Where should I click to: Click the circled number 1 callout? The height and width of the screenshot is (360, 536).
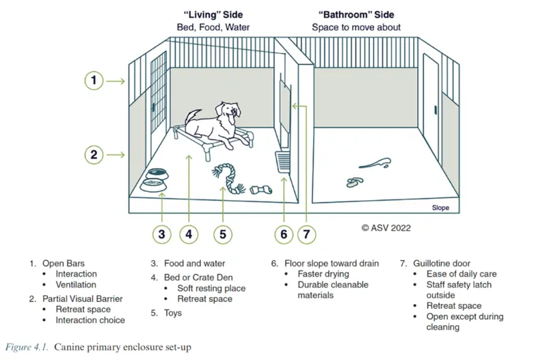pyautogui.click(x=94, y=81)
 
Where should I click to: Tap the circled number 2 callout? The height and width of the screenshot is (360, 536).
pyautogui.click(x=94, y=154)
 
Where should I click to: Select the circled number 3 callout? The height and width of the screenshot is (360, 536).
pyautogui.click(x=161, y=234)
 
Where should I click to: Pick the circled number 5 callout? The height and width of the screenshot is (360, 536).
pyautogui.click(x=222, y=234)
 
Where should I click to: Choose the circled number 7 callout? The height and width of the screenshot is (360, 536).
pyautogui.click(x=307, y=234)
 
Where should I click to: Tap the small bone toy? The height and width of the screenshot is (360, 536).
pyautogui.click(x=262, y=189)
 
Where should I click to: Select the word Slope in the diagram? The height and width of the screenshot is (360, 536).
pyautogui.click(x=440, y=208)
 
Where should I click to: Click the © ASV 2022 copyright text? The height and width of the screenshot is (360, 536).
pyautogui.click(x=386, y=227)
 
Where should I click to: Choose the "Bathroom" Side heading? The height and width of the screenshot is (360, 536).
pyautogui.click(x=356, y=14)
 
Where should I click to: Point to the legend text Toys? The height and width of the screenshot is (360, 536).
pyautogui.click(x=172, y=313)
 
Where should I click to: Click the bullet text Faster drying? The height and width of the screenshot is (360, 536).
pyautogui.click(x=323, y=274)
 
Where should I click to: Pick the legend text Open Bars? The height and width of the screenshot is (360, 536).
pyautogui.click(x=64, y=263)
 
